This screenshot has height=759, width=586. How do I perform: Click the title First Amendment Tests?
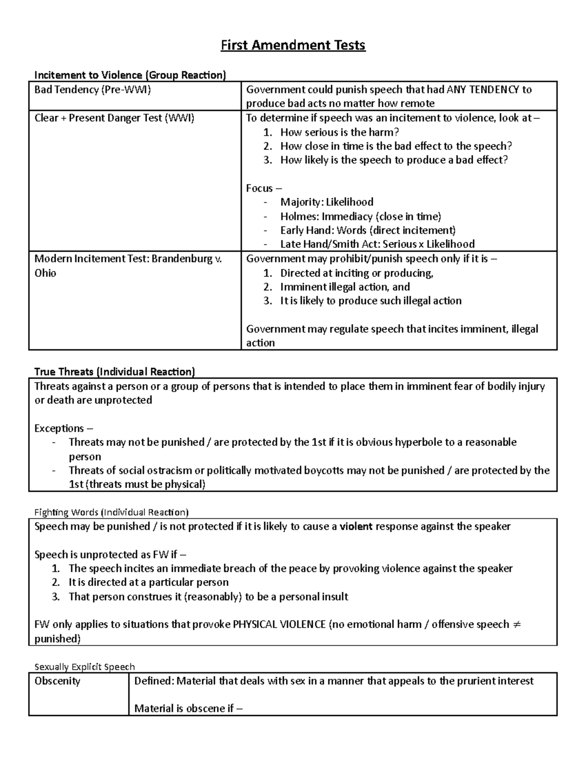[293, 45]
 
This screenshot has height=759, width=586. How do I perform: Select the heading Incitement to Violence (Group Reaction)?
[130, 75]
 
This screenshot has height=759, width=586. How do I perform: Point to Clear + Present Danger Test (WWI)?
[114, 118]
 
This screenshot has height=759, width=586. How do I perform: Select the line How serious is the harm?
[339, 132]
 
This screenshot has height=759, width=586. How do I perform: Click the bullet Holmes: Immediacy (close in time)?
[360, 217]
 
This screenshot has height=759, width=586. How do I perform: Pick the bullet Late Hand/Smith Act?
[377, 244]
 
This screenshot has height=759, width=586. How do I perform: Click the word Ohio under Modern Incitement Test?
[45, 273]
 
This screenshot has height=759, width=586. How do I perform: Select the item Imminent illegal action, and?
[345, 287]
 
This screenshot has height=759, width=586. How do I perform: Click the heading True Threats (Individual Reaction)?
[114, 372]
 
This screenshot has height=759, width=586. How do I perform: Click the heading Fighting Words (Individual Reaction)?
[111, 512]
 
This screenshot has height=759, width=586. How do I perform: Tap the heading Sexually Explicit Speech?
[84, 667]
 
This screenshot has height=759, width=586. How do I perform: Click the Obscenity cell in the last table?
[57, 681]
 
